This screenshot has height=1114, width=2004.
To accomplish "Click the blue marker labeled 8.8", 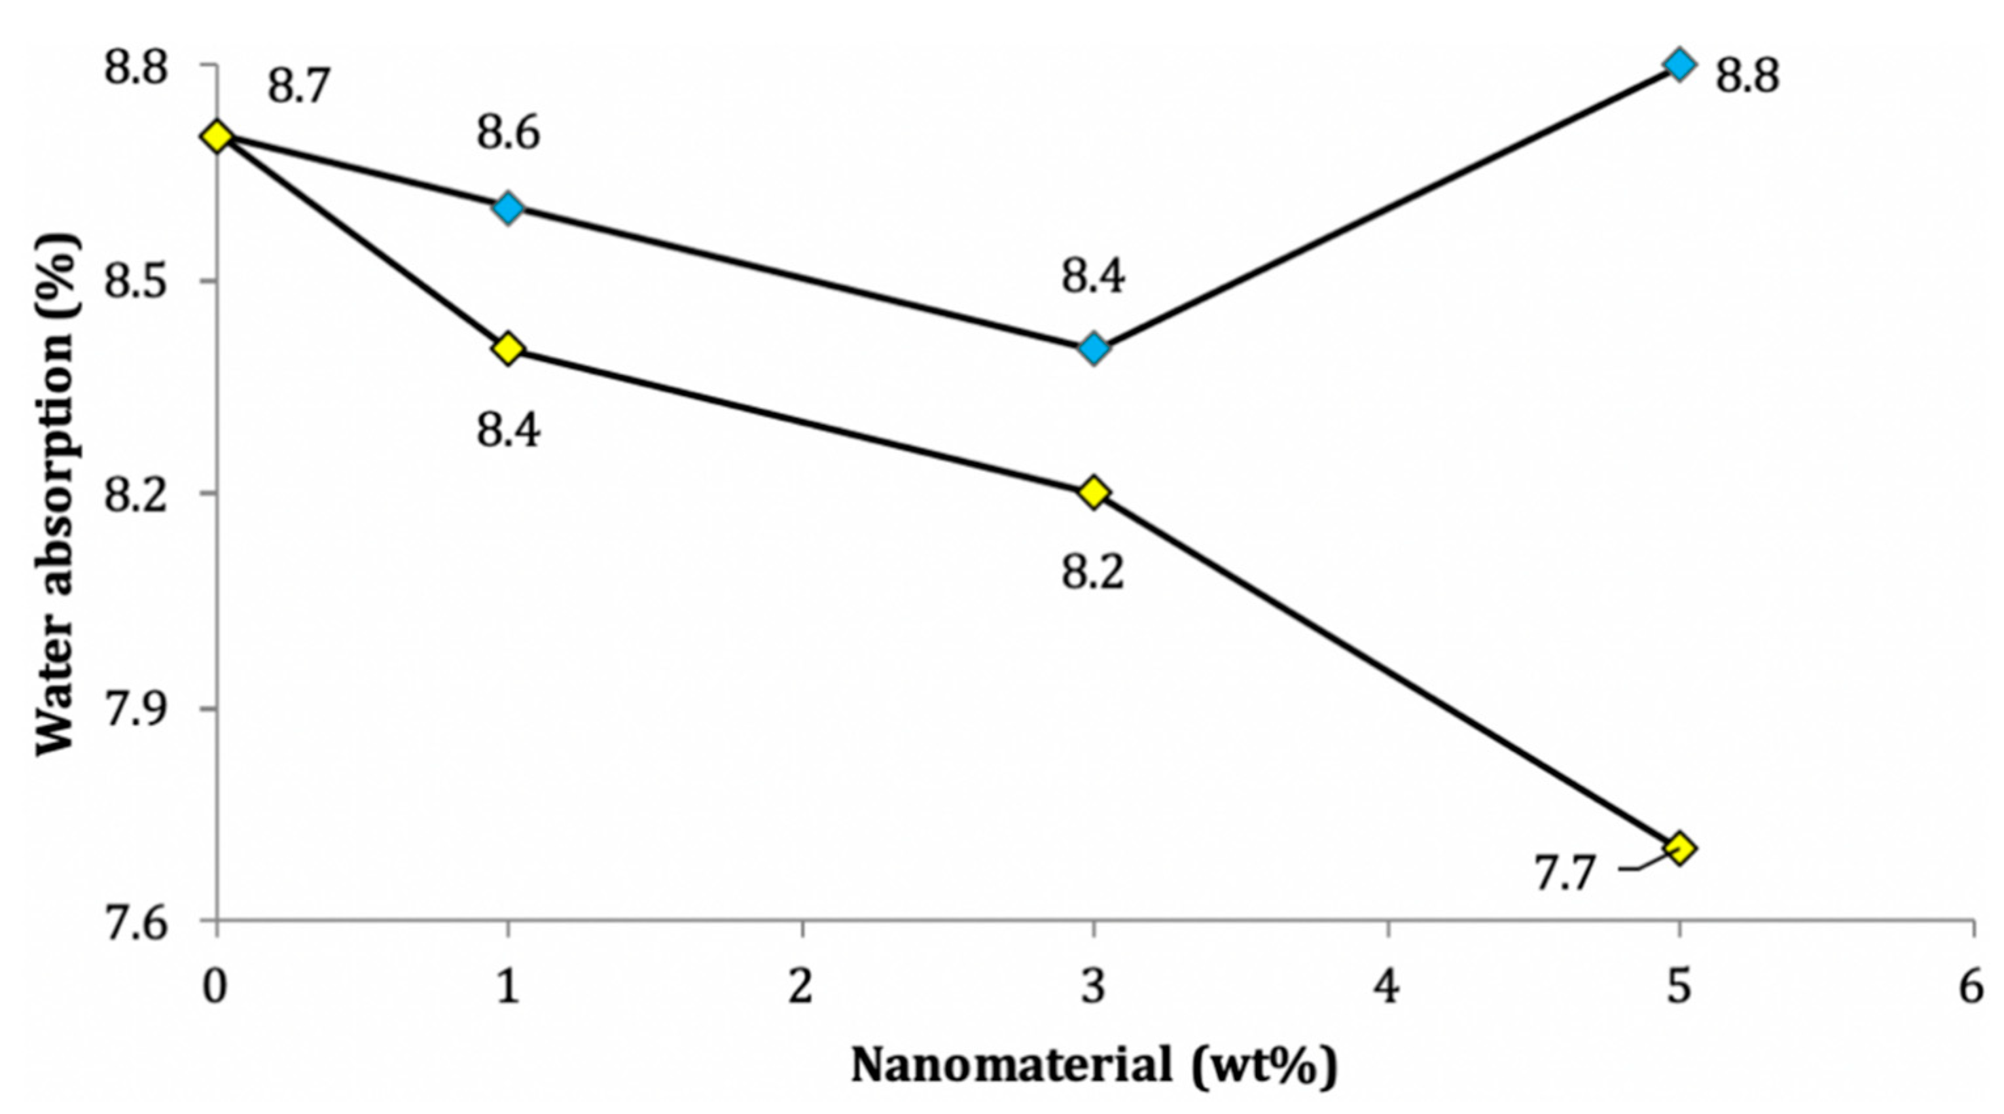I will click(x=1679, y=65).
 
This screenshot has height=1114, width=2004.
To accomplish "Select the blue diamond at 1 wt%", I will click(x=508, y=207).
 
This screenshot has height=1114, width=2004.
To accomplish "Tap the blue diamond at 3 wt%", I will click(x=1094, y=350).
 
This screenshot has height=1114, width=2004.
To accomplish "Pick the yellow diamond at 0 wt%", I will click(x=216, y=137).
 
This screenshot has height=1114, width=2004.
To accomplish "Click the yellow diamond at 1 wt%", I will click(x=508, y=350).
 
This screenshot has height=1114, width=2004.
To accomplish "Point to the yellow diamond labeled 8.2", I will click(x=1094, y=492).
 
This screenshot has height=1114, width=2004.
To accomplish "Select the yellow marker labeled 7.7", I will click(x=1679, y=848).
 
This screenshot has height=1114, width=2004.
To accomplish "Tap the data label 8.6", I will click(x=508, y=134).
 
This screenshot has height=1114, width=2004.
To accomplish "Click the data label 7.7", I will click(x=1564, y=873).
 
